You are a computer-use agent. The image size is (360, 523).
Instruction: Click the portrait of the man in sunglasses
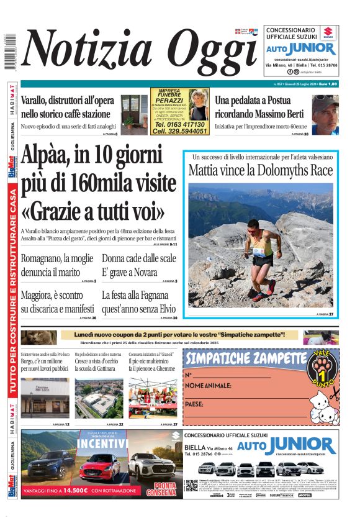tap(325, 114)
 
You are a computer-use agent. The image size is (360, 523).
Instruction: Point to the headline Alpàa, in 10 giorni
tap(91, 155)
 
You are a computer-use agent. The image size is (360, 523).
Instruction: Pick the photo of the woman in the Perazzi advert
tap(199, 104)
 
